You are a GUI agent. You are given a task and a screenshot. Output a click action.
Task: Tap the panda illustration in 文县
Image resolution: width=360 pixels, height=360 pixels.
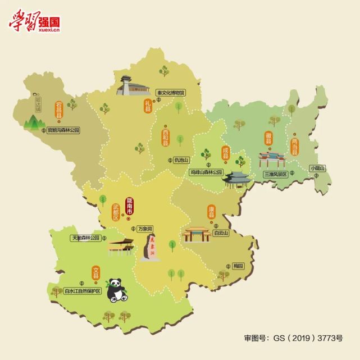tap(118, 290)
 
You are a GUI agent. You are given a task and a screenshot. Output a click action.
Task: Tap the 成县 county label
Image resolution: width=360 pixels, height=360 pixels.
tap(225, 153)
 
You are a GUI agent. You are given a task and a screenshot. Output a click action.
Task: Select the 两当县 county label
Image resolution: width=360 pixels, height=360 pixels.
tap(294, 144)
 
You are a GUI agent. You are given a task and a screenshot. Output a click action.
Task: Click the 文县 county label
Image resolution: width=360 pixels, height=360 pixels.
tap(95, 274)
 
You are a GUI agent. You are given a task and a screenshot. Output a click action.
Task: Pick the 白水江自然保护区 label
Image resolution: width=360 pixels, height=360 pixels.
tap(82, 291)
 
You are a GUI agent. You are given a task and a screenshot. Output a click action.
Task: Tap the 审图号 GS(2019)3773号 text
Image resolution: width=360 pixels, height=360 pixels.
tap(292, 339)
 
